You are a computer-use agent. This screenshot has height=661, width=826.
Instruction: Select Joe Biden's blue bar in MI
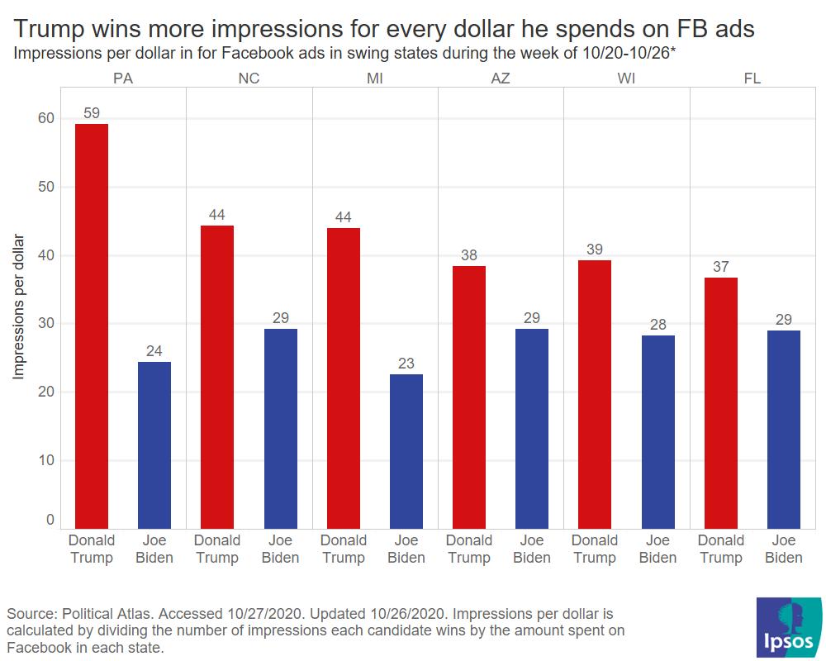(x=406, y=451)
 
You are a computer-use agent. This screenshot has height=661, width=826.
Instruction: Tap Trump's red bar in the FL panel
(x=720, y=402)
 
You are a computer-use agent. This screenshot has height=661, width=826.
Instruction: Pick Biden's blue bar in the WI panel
(x=657, y=431)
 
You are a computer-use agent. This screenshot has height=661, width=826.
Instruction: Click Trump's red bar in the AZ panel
(x=469, y=397)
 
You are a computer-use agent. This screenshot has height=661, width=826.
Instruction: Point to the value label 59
(x=92, y=112)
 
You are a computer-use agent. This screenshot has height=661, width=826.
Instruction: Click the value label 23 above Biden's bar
(x=406, y=363)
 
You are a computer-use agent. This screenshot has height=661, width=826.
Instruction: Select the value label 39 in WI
(x=595, y=249)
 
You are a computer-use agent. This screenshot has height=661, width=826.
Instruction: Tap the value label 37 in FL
(x=720, y=266)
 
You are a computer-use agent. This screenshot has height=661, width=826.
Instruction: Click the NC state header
(x=249, y=78)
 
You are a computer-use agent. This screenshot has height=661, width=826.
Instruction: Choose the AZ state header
(x=501, y=78)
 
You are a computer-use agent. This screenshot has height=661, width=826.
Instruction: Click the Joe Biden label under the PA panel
(x=154, y=549)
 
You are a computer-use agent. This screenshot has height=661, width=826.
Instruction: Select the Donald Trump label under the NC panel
(x=217, y=549)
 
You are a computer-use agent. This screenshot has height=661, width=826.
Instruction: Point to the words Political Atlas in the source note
(x=104, y=615)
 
